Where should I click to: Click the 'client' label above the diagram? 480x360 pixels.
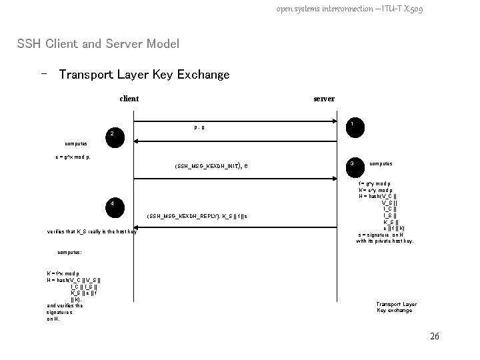(129, 99)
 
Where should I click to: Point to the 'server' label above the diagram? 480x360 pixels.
(324, 99)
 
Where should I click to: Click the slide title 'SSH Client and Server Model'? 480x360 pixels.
(98, 44)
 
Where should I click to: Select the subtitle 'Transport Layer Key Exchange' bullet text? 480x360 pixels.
(144, 75)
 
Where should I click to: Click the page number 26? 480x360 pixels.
(435, 336)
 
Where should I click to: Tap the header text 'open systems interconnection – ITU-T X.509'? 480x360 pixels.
(349, 9)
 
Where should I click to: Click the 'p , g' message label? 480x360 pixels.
(199, 127)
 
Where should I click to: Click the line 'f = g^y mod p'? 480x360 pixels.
(375, 183)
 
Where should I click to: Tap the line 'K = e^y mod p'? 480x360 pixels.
(375, 190)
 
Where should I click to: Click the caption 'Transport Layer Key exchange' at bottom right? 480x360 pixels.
(396, 307)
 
